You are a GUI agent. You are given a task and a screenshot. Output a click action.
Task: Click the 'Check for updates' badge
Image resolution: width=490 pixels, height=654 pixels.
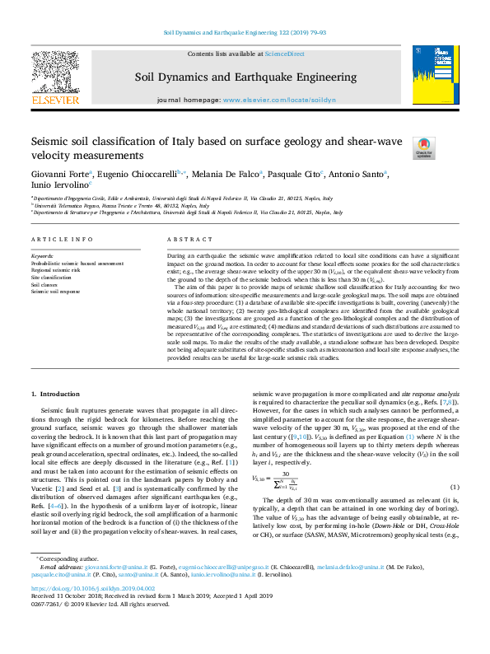pos(424,147)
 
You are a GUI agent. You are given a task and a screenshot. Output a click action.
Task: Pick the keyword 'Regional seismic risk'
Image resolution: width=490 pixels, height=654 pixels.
pos(55,271)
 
